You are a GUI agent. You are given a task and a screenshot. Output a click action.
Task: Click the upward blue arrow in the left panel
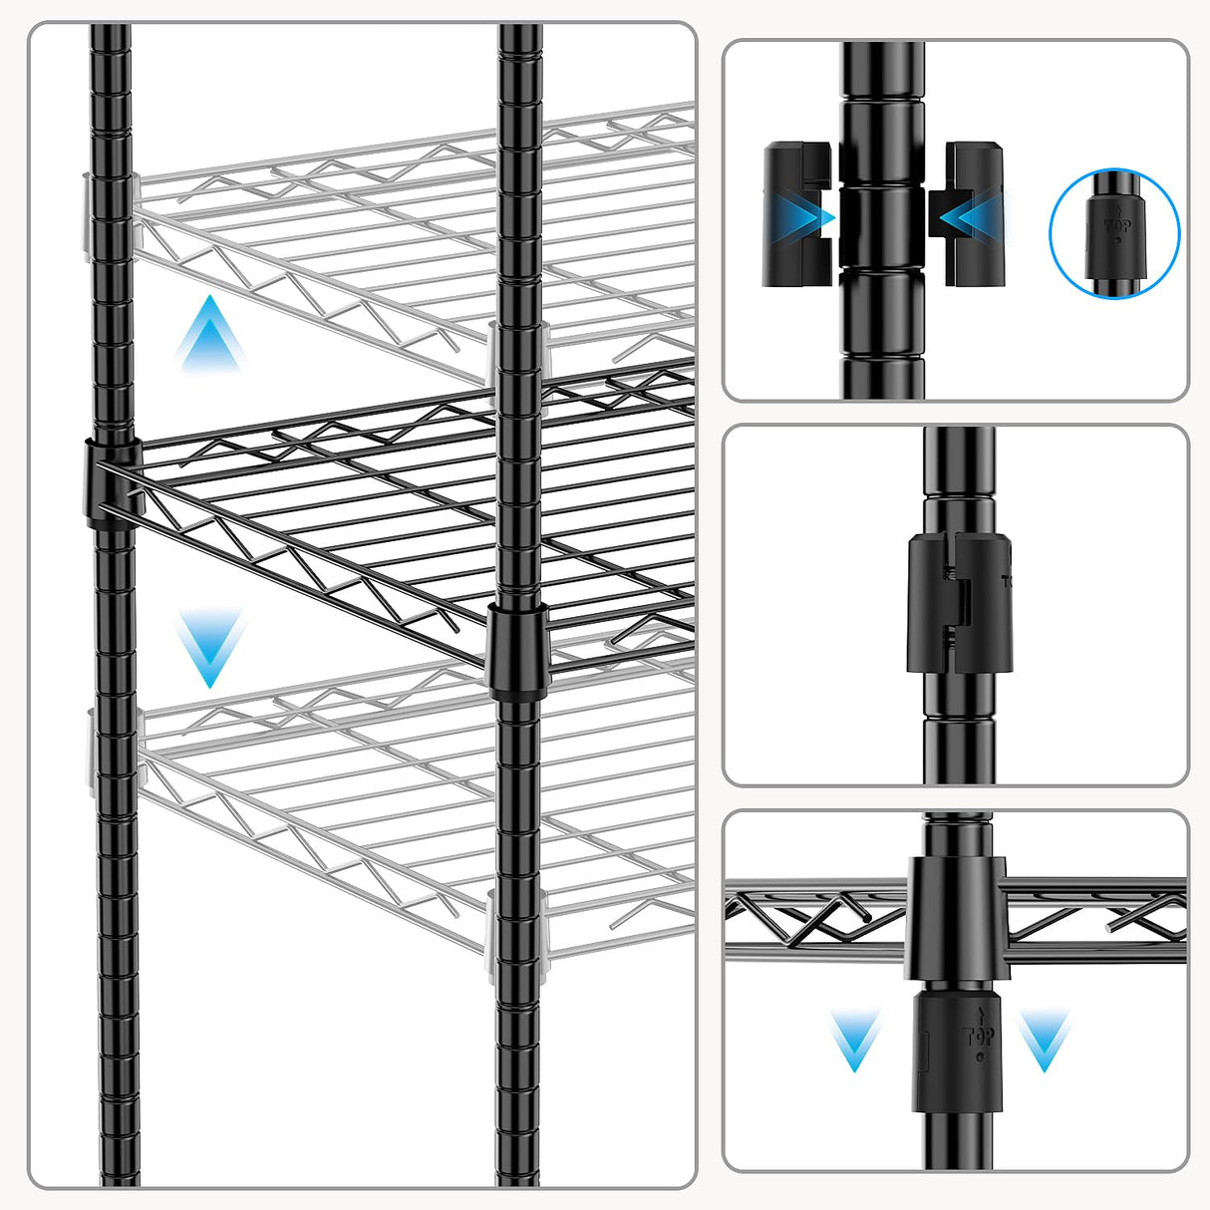coord(210,334)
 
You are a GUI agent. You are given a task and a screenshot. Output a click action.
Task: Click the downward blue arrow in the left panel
coord(210,648)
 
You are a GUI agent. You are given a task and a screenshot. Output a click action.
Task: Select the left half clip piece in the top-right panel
coord(795,214)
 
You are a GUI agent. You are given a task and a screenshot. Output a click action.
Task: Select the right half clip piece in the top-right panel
coord(971,214)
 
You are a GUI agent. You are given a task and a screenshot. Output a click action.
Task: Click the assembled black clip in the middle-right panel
coord(957,603)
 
